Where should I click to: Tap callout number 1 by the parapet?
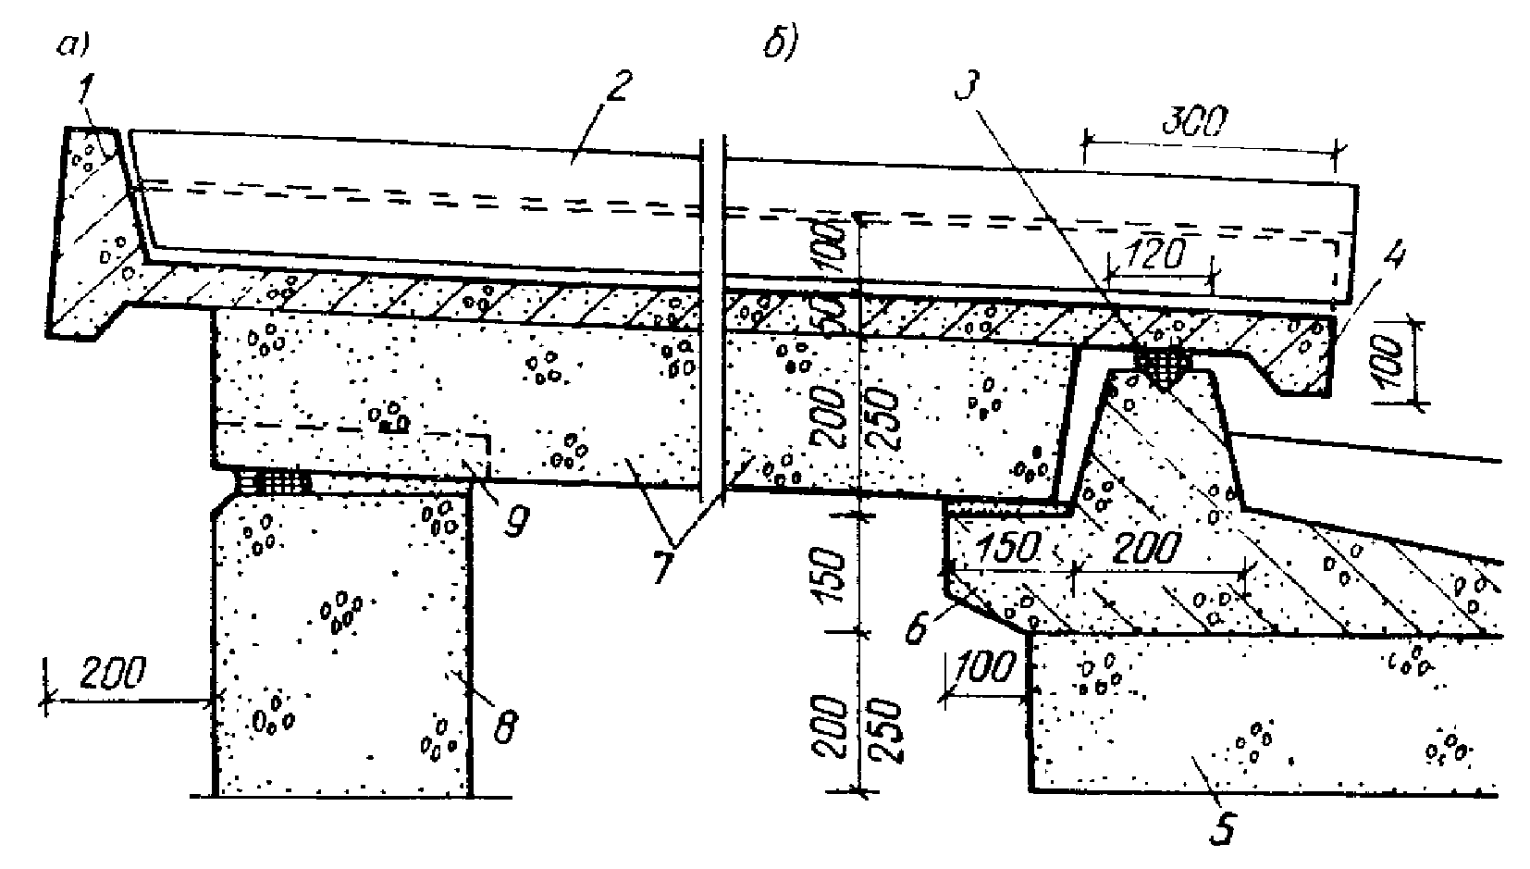point(85,91)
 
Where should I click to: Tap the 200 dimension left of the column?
point(113,676)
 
